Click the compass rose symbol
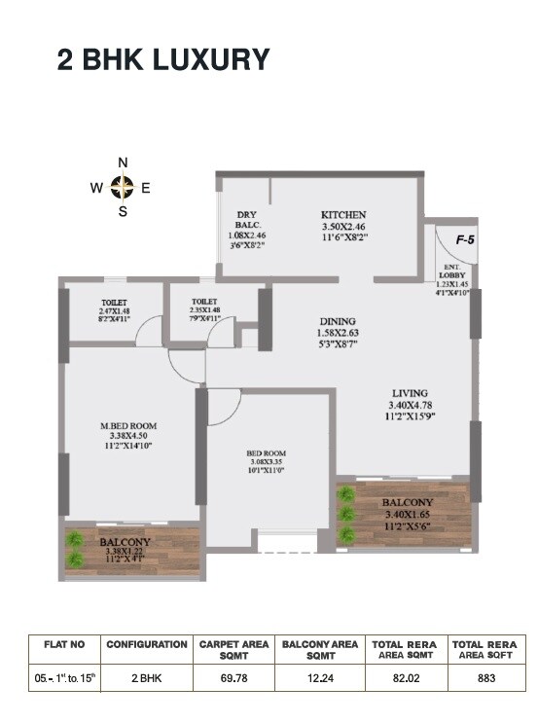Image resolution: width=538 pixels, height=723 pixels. click(x=123, y=188)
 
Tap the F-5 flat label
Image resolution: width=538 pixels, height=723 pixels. click(x=465, y=239)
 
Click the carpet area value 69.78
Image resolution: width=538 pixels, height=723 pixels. click(x=234, y=677)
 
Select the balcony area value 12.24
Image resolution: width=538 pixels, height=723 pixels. click(x=320, y=677)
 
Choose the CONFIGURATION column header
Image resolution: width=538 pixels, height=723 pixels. click(x=147, y=643)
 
